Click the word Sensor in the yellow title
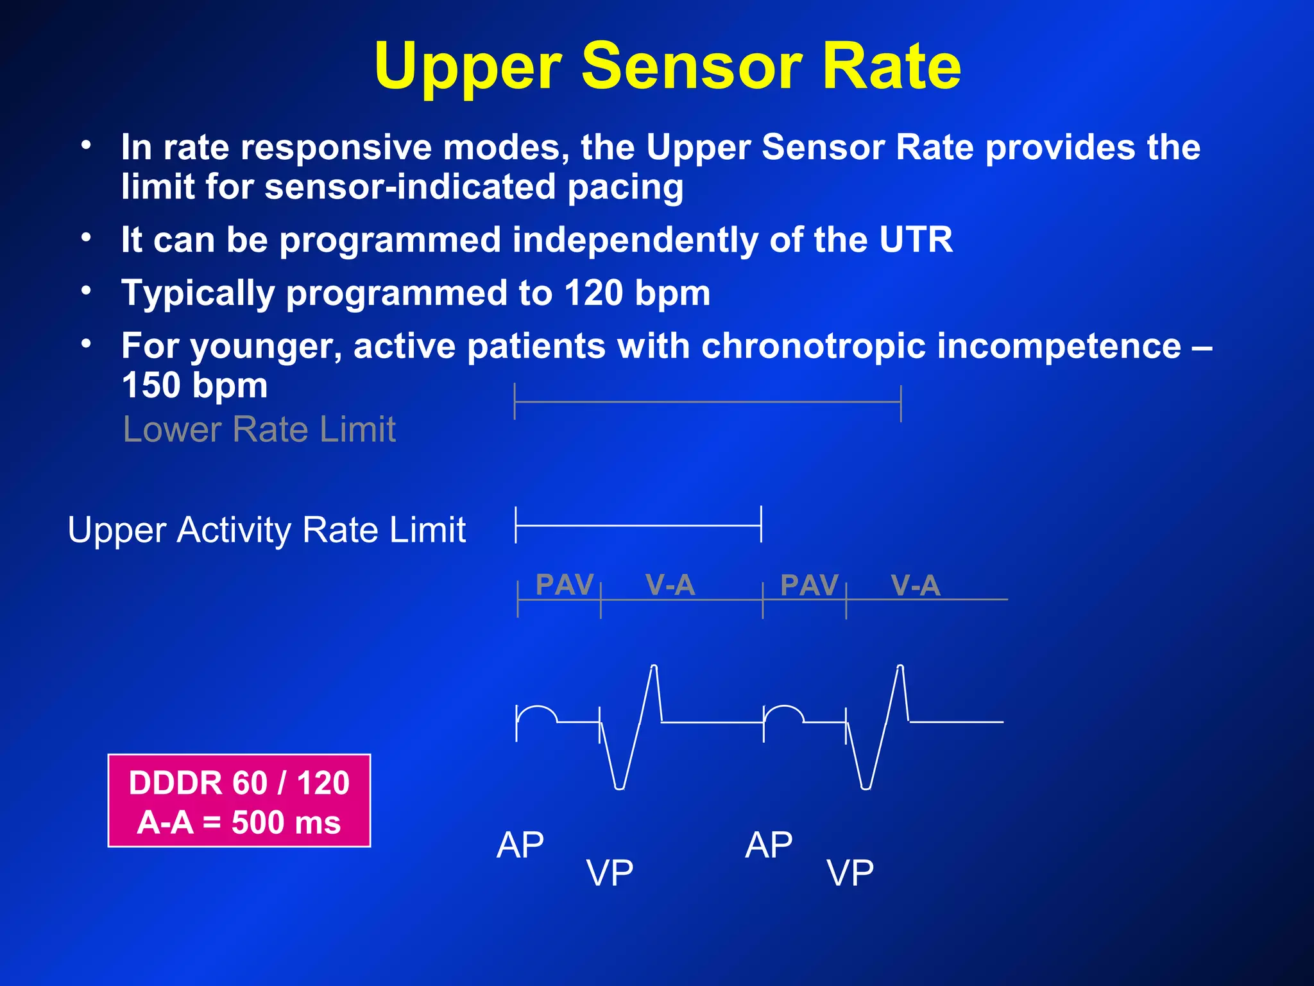click(x=691, y=66)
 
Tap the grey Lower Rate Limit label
click(x=259, y=429)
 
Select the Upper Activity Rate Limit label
click(x=266, y=530)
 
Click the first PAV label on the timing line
click(x=564, y=585)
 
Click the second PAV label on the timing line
click(x=809, y=585)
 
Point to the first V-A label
click(x=670, y=585)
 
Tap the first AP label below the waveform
click(x=520, y=845)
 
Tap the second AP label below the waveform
click(x=768, y=845)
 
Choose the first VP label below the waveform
click(x=610, y=873)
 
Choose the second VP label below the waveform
click(x=849, y=873)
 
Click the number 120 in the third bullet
click(x=594, y=293)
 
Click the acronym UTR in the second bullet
click(x=916, y=240)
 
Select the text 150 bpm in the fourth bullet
click(x=194, y=386)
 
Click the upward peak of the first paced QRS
click(x=654, y=668)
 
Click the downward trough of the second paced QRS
click(x=866, y=786)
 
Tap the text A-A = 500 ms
click(x=239, y=823)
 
